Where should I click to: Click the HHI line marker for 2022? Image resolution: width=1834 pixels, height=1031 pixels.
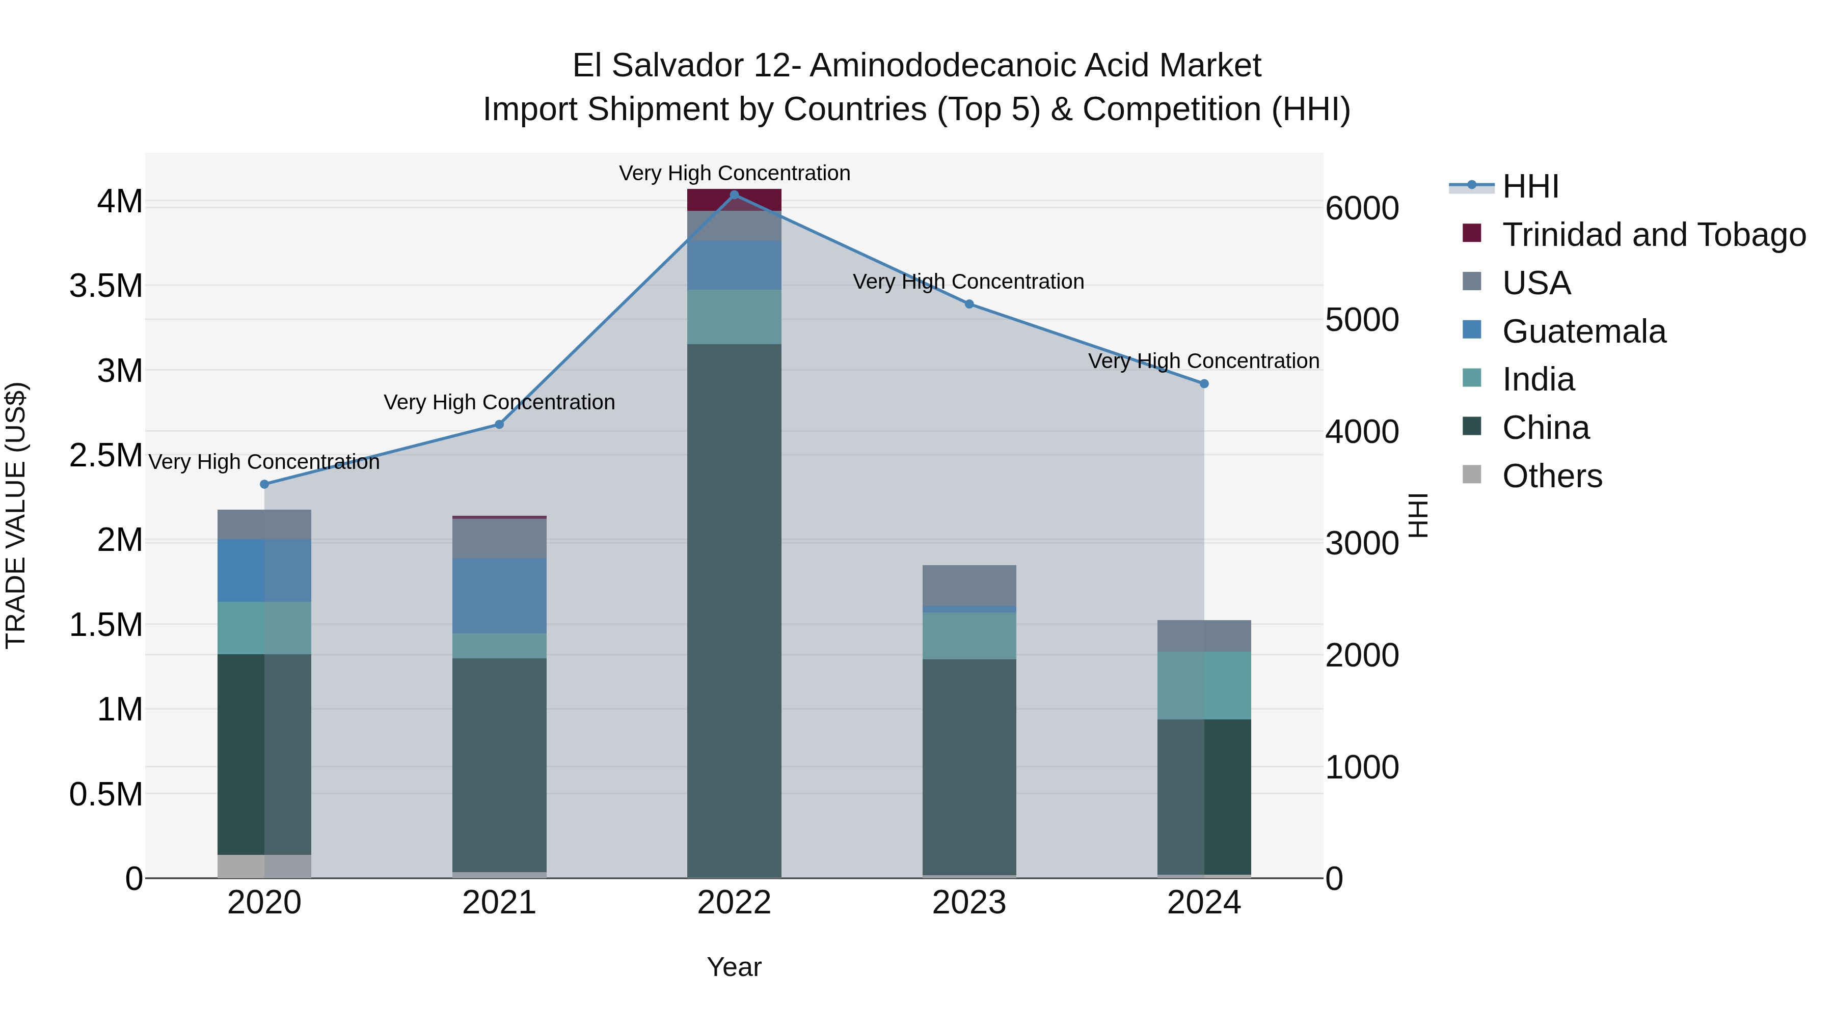pyautogui.click(x=734, y=195)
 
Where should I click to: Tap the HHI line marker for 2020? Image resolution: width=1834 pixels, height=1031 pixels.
pyautogui.click(x=264, y=485)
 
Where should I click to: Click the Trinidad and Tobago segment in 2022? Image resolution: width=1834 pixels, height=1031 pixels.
pyautogui.click(x=734, y=200)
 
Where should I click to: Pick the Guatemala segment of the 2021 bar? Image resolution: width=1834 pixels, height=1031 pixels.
pyautogui.click(x=499, y=596)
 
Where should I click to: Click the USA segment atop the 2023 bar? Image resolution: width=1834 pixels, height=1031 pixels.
pyautogui.click(x=969, y=585)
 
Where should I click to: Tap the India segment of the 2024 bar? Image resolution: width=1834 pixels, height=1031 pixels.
pyautogui.click(x=1204, y=685)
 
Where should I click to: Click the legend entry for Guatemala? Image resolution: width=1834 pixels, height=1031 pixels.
pyautogui.click(x=1583, y=331)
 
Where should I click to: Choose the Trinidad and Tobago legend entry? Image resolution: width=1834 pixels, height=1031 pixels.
pyautogui.click(x=1653, y=235)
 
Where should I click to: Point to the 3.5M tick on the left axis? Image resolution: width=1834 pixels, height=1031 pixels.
pyautogui.click(x=106, y=286)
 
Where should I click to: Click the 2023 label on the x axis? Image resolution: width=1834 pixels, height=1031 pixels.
pyautogui.click(x=969, y=903)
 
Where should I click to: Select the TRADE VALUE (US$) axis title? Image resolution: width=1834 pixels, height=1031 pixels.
pyautogui.click(x=16, y=515)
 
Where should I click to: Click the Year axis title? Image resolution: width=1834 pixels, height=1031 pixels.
pyautogui.click(x=734, y=967)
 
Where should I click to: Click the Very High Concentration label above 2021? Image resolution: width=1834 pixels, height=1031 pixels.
pyautogui.click(x=499, y=403)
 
